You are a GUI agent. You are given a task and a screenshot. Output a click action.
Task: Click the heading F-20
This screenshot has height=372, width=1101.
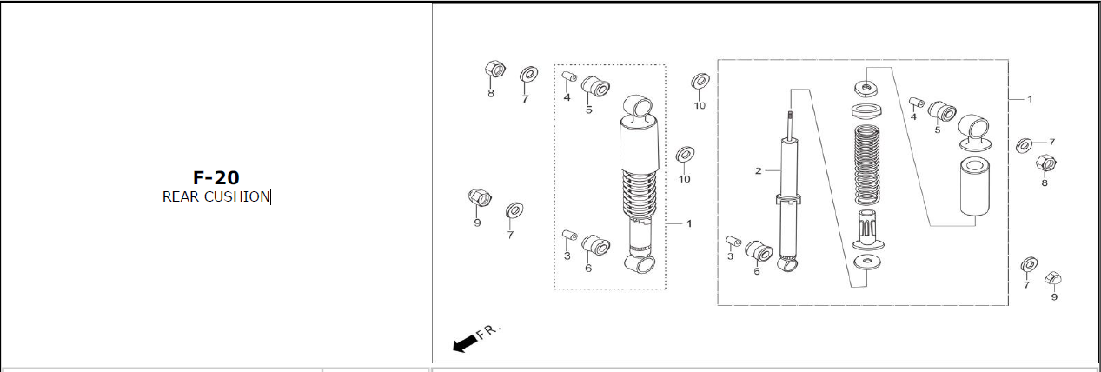tap(216, 177)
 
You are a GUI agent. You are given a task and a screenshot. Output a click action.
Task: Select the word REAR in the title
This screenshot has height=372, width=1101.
tap(181, 196)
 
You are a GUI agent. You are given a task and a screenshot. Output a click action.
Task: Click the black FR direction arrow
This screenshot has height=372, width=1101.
tap(465, 343)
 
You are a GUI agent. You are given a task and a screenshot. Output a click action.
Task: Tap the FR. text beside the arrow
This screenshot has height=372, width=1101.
tap(488, 331)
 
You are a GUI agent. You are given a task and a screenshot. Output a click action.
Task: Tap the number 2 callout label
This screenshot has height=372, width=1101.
tap(759, 171)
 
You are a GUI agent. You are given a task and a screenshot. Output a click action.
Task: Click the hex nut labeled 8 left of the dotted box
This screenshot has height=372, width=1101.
tap(495, 69)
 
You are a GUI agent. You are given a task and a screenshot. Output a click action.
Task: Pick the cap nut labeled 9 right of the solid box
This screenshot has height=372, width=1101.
tap(1053, 278)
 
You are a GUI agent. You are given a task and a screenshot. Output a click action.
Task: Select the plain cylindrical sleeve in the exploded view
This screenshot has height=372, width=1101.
tap(975, 186)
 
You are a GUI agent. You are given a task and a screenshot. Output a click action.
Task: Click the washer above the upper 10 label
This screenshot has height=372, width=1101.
tap(700, 81)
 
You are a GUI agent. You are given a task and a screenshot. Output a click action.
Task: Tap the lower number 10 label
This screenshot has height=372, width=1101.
tap(685, 179)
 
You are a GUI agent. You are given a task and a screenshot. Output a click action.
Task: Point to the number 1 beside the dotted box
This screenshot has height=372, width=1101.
tap(689, 223)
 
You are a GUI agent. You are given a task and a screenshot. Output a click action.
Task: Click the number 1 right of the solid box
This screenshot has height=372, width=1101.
tap(1030, 99)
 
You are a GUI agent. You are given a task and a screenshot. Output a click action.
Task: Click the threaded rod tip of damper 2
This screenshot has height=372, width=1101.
tap(790, 117)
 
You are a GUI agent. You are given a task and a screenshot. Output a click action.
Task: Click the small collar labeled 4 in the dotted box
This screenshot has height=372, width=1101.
tap(569, 76)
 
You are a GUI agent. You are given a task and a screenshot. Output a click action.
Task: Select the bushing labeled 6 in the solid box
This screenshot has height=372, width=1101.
tap(759, 251)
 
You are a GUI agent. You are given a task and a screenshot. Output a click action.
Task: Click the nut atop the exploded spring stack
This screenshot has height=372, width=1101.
tap(867, 89)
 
